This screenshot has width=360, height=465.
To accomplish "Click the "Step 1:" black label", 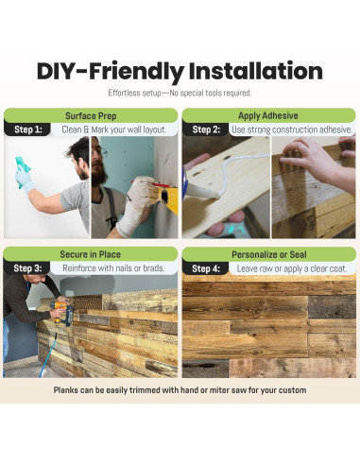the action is pos(27,129).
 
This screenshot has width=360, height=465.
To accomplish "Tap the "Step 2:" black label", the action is pos(205,129).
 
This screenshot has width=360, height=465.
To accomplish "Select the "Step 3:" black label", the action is pos(27,268).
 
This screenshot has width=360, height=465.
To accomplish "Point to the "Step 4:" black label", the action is pos(205,268).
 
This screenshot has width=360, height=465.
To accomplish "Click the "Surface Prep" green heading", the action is pos(91,116).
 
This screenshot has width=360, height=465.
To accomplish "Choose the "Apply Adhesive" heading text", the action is pos(268,115).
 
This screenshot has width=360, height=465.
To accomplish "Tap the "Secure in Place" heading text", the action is pos(91,254).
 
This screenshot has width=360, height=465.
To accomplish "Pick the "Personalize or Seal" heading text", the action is pos(269,254).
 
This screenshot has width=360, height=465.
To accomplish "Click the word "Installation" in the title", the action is pos(256,71).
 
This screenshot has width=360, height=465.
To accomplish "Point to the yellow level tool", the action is pos(168,198).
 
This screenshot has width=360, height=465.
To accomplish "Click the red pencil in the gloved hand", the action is pos(146,183).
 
